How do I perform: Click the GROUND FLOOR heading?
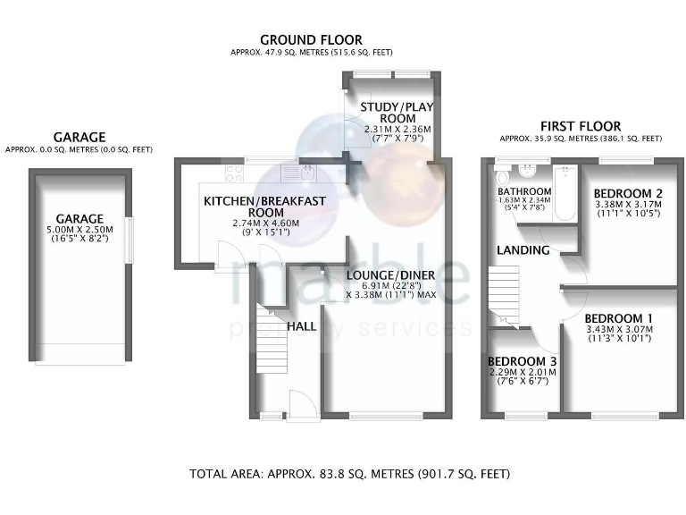[x=311, y=40]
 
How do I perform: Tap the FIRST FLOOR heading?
[x=581, y=127]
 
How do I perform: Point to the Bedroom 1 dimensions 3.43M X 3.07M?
[x=620, y=329]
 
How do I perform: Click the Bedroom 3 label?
[x=523, y=361]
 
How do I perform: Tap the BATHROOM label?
[x=524, y=191]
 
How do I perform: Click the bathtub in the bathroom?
[x=565, y=193]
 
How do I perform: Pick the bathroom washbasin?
[x=528, y=172]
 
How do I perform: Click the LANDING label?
[x=523, y=250]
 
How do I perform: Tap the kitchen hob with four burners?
[x=235, y=173]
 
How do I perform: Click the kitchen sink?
[x=297, y=173]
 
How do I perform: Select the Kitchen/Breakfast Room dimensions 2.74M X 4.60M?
[x=266, y=223]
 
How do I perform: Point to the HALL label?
[x=302, y=326]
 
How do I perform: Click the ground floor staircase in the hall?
[x=272, y=339]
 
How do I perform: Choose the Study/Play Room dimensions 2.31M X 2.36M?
[x=397, y=130]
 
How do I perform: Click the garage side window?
[x=129, y=241]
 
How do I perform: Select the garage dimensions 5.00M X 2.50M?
[x=79, y=230]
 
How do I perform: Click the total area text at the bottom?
[x=349, y=474]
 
